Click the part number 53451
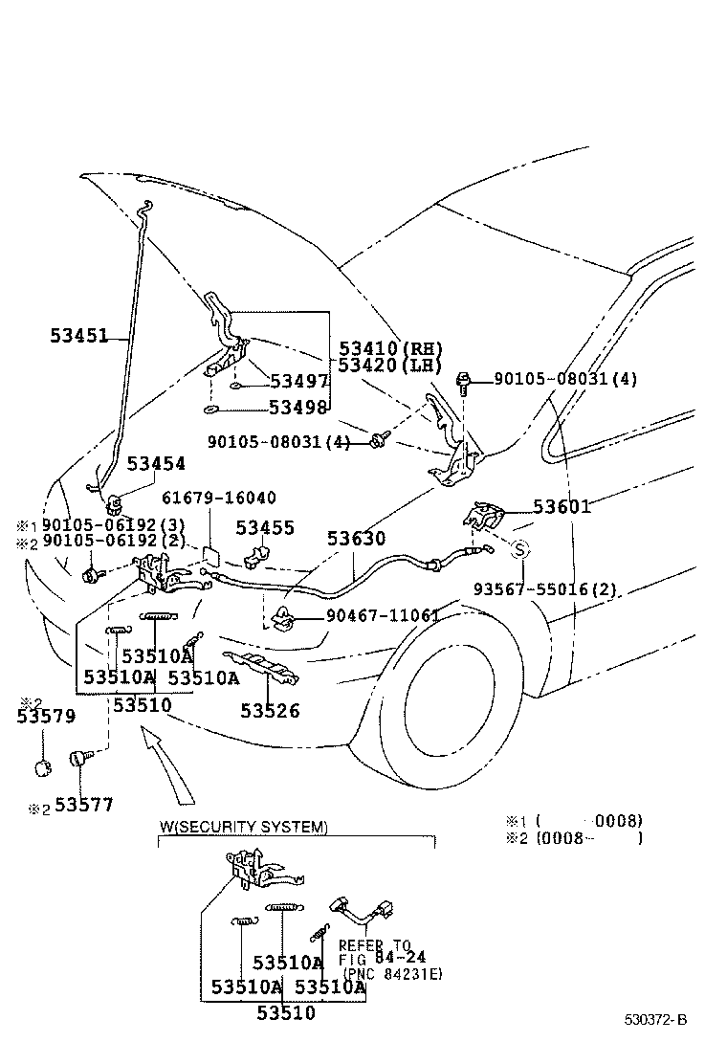click(x=78, y=336)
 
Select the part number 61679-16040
click(x=218, y=499)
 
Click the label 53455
click(x=265, y=527)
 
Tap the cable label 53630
click(x=357, y=539)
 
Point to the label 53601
click(x=562, y=506)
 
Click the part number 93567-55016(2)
click(x=544, y=590)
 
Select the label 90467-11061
click(x=383, y=615)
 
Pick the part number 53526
click(x=270, y=711)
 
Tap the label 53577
click(x=83, y=806)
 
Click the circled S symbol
click(x=519, y=549)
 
